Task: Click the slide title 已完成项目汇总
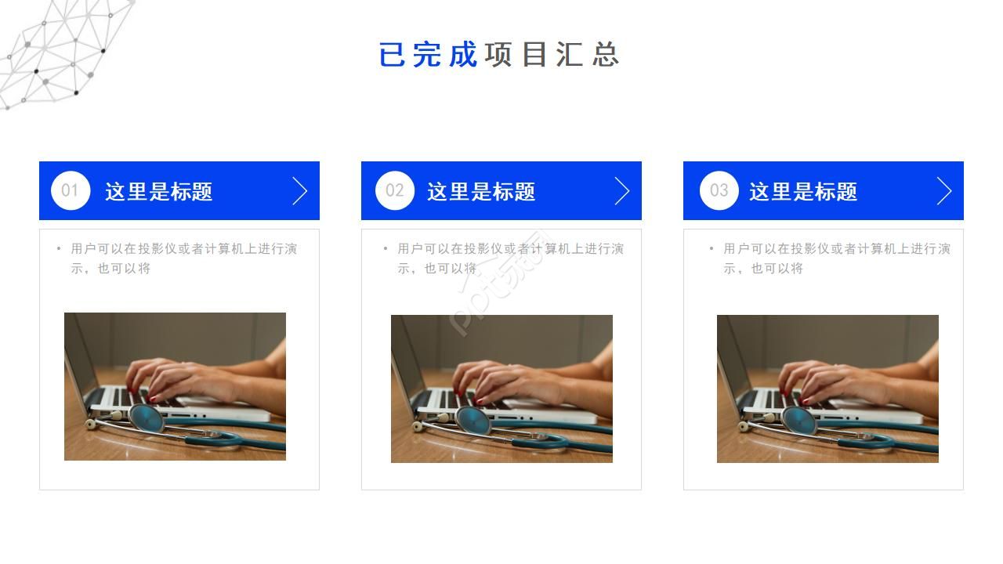[x=499, y=55]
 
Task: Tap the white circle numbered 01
[x=71, y=190]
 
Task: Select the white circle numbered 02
[x=394, y=190]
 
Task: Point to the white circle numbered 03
[x=719, y=190]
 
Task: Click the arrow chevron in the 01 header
[x=299, y=190]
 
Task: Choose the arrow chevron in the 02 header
[x=622, y=190]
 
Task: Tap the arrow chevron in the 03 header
[x=944, y=190]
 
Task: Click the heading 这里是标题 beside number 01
[x=158, y=192]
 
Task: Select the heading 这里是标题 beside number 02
[x=480, y=192]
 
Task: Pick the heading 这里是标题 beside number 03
[x=802, y=192]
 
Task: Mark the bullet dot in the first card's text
[x=59, y=249]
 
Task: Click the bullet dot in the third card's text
[x=712, y=249]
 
